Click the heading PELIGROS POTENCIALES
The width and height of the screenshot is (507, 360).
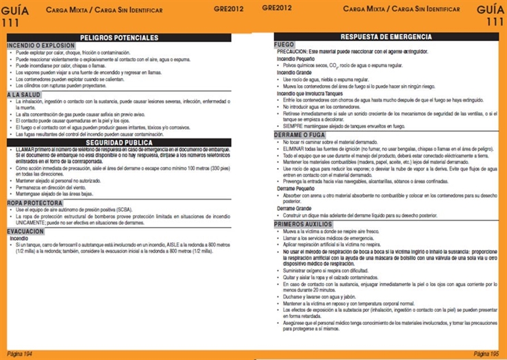(x=119, y=38)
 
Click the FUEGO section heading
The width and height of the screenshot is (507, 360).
(x=284, y=45)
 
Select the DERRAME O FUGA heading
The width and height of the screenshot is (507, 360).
(x=299, y=136)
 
